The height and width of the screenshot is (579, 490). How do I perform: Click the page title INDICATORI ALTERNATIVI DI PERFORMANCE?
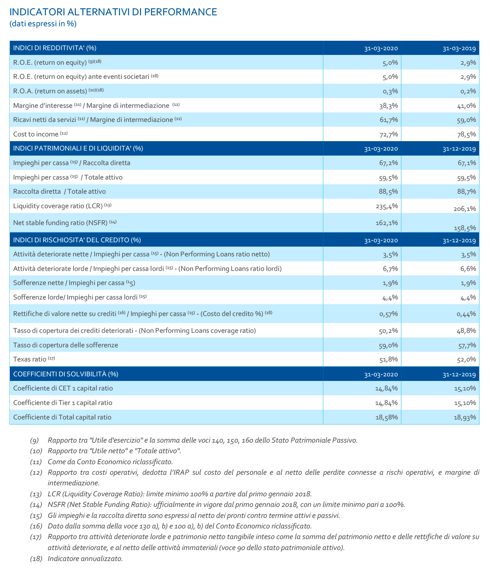[x=113, y=12]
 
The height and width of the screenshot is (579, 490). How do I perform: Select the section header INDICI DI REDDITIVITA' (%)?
[x=55, y=48]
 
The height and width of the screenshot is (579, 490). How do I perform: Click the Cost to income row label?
[x=36, y=134]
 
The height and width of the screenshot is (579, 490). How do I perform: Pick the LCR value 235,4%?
[x=387, y=206]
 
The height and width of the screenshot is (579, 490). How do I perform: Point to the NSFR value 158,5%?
[x=465, y=228]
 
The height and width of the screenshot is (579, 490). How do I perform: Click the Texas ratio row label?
[x=30, y=359]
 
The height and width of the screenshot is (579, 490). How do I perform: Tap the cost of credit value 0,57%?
[x=389, y=314]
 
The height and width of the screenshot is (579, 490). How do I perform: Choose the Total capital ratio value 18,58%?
[x=387, y=417]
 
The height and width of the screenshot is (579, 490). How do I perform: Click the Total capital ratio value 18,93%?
[x=465, y=417]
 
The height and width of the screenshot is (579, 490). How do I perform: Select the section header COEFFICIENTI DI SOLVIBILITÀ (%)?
[x=66, y=374]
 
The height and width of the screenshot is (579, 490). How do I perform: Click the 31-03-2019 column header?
[x=459, y=49]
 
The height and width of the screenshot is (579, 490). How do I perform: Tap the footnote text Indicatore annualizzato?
[x=85, y=559]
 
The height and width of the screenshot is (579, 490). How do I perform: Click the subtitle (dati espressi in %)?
[x=43, y=24]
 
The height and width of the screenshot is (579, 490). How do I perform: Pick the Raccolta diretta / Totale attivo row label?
[x=59, y=192]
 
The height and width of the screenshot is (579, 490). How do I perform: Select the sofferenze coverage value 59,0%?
[x=389, y=345]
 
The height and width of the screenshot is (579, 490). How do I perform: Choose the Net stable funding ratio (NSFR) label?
[x=60, y=223]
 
